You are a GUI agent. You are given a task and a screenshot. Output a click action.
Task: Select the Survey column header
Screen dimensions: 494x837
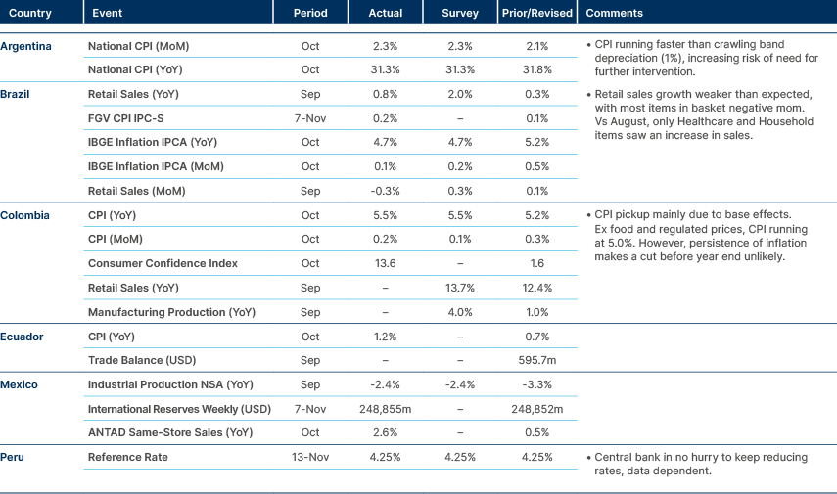click(460, 14)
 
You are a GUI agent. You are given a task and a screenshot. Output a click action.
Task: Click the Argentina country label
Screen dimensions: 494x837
click(26, 46)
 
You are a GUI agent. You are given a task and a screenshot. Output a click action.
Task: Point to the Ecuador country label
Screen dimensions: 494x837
click(23, 337)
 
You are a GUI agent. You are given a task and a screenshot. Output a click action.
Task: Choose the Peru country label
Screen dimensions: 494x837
click(14, 457)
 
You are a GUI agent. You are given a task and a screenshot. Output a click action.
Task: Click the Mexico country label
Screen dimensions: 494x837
click(21, 384)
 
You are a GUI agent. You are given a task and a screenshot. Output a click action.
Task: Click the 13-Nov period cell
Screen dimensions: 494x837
click(310, 457)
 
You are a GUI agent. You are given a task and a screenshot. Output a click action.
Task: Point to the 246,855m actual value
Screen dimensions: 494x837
click(386, 409)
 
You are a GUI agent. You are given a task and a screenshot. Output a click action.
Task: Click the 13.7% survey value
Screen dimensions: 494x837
click(460, 288)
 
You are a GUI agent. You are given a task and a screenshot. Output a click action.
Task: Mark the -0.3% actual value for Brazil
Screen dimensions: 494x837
click(386, 191)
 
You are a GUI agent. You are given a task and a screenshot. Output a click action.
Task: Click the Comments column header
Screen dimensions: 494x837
click(614, 14)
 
